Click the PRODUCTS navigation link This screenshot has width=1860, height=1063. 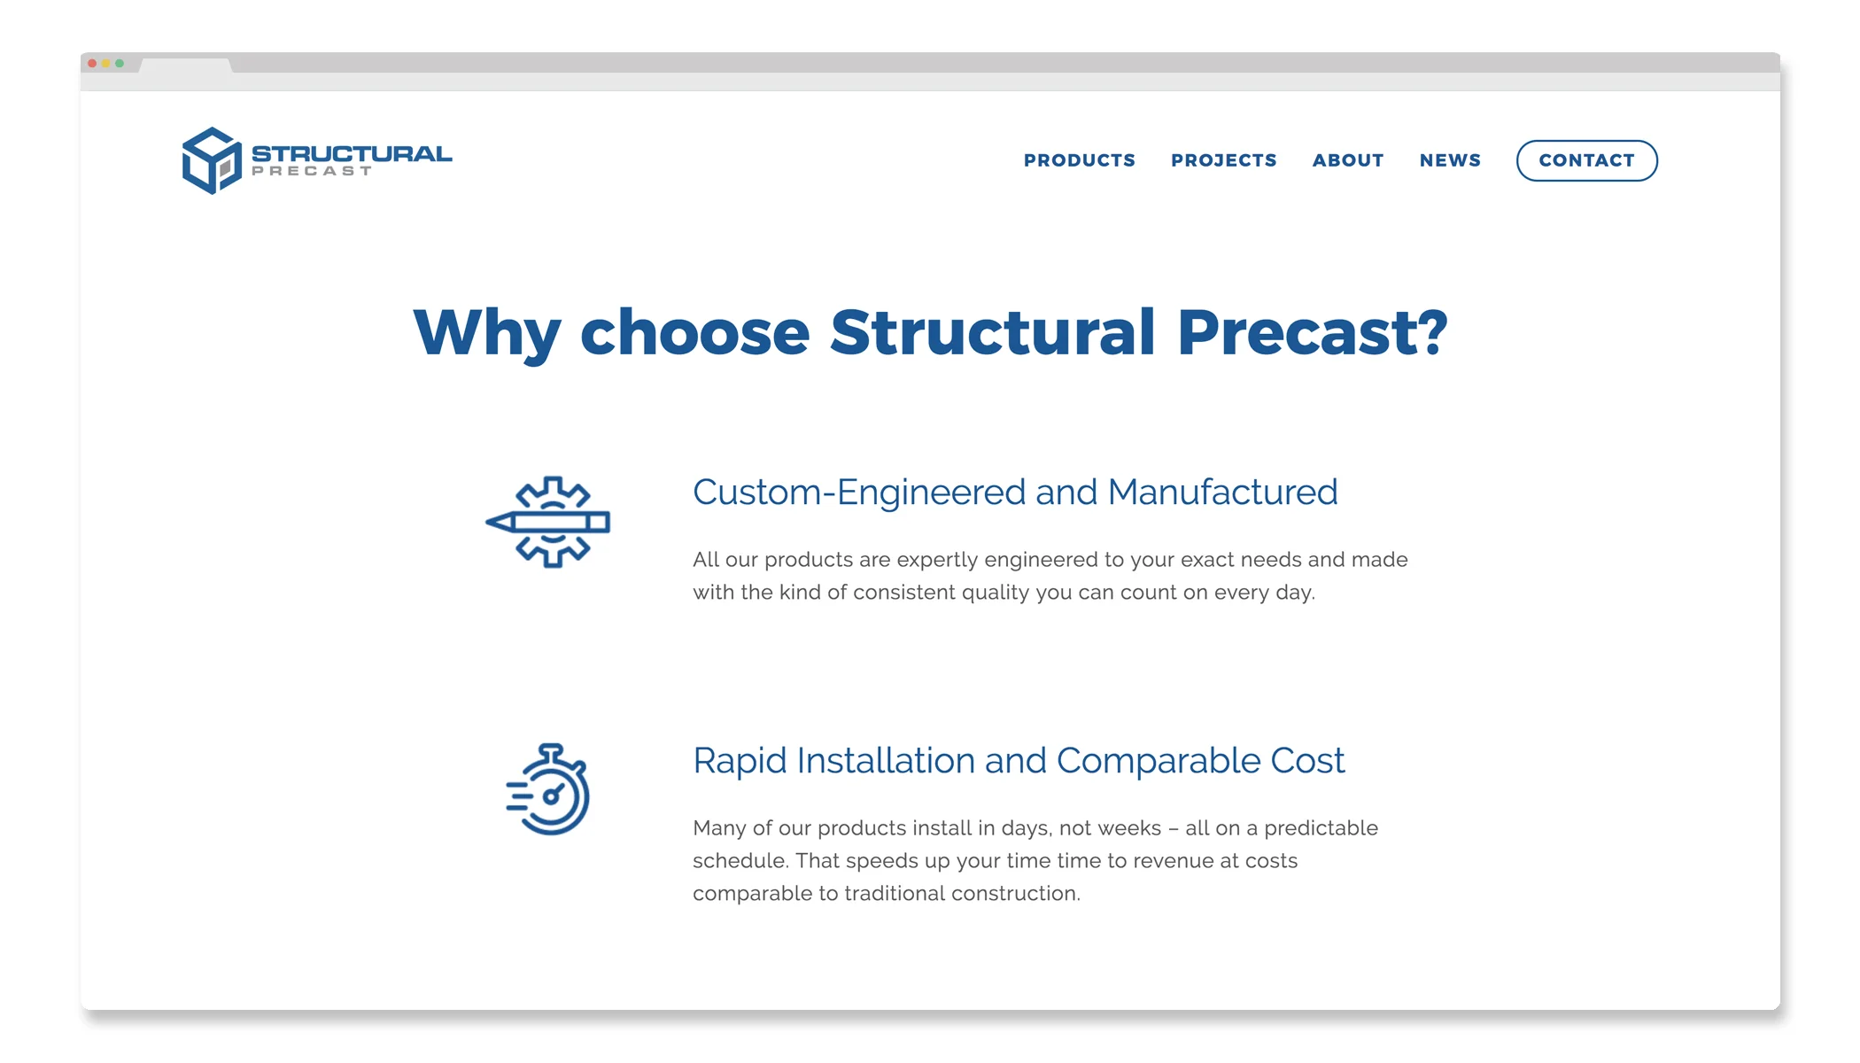click(1079, 160)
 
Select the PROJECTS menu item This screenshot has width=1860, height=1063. click(1223, 160)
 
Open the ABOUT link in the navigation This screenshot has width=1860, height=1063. click(1347, 160)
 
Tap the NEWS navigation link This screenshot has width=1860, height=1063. click(1450, 160)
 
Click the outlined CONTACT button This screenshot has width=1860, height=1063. click(1586, 160)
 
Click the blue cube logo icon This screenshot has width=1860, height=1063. click(212, 160)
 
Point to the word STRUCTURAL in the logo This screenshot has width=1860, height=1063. click(352, 153)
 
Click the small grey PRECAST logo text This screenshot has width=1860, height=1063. click(311, 171)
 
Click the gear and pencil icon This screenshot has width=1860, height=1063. click(548, 522)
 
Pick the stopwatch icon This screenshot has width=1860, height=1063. click(548, 789)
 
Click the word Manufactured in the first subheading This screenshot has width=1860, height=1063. click(1222, 493)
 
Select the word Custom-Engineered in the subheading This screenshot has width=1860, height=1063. click(859, 493)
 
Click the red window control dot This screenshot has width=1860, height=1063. click(92, 64)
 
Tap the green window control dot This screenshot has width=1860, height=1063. click(120, 64)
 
